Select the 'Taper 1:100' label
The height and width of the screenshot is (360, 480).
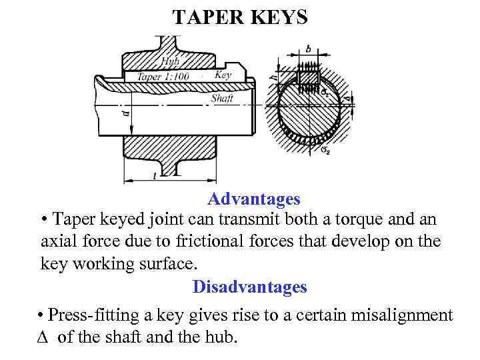click(164, 77)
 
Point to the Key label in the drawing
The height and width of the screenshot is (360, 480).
click(223, 75)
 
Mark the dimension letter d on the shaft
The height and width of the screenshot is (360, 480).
click(127, 115)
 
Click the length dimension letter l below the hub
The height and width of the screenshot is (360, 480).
click(155, 175)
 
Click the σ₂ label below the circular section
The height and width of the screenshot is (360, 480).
click(325, 150)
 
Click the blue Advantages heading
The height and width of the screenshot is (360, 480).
click(253, 199)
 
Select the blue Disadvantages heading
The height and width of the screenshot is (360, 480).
click(249, 287)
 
